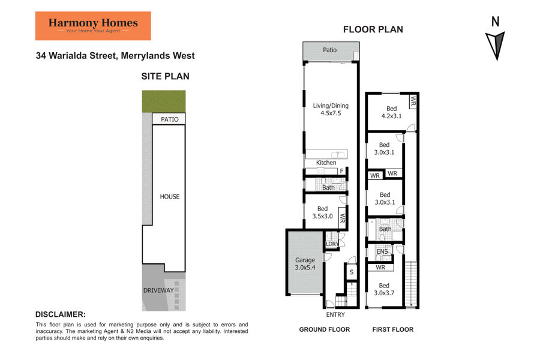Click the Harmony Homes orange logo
tap(93, 26)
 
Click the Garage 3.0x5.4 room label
tap(305, 263)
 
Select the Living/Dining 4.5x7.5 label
tap(331, 109)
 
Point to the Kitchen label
tap(326, 163)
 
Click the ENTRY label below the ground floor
tap(335, 314)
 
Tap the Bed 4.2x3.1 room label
tap(391, 112)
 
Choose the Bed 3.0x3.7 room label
tap(384, 289)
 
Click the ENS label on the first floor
tap(382, 251)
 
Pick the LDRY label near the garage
tap(332, 244)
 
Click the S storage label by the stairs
tap(352, 272)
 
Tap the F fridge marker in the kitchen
tap(341, 171)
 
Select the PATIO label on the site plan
tap(170, 119)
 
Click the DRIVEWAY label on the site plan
tap(158, 290)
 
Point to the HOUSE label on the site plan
tap(170, 196)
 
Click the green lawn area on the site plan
tap(164, 101)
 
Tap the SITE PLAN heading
tap(166, 76)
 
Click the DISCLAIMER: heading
tap(61, 314)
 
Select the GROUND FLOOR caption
tap(325, 329)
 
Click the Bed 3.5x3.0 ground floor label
tap(322, 212)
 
